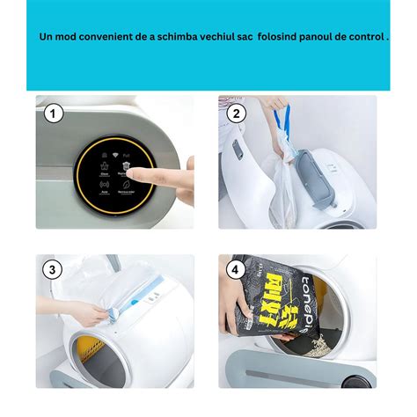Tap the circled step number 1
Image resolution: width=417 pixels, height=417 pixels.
tap(54, 113)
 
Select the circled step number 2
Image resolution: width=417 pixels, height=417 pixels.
tap(236, 113)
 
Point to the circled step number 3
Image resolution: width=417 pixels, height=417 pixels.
tap(54, 270)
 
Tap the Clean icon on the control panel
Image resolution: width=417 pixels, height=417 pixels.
tap(105, 172)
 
